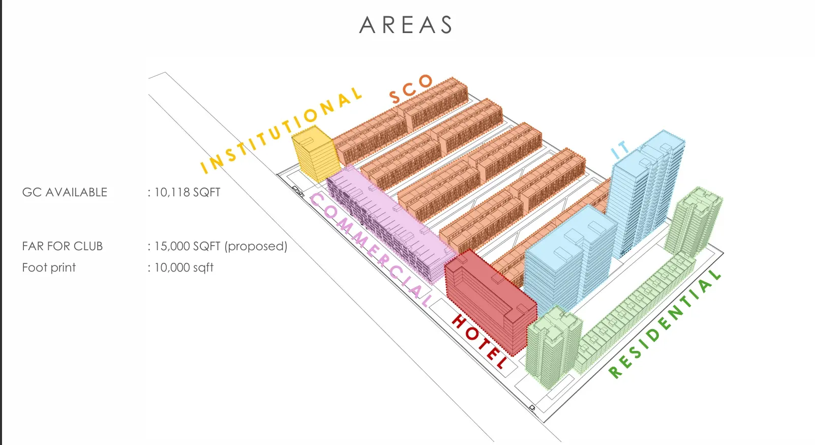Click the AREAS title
click(406, 25)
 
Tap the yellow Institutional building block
click(315, 154)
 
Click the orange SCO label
click(411, 88)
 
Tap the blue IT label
click(620, 150)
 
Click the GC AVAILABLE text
click(65, 192)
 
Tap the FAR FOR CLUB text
click(62, 246)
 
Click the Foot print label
click(49, 268)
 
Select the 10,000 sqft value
click(184, 268)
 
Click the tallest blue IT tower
click(646, 193)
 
